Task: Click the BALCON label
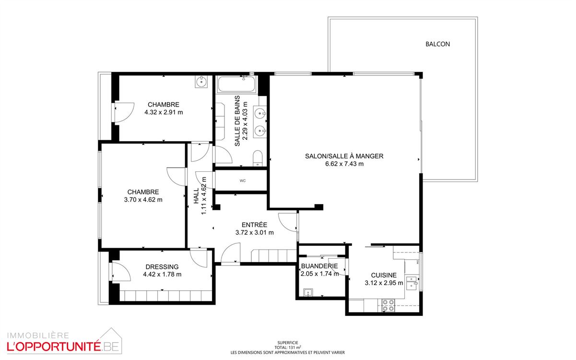click(438, 44)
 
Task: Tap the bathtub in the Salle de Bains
click(236, 84)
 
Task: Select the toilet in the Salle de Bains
click(258, 158)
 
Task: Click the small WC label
click(243, 180)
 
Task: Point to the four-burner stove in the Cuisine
click(388, 305)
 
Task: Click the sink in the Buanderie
click(308, 292)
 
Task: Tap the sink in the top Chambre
click(201, 82)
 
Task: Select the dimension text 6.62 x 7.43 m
click(344, 164)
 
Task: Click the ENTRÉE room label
click(254, 225)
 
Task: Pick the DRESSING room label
click(162, 267)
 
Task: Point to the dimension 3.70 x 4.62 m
click(143, 200)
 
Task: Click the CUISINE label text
click(384, 276)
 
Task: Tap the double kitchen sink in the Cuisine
click(412, 283)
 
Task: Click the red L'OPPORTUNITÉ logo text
click(54, 347)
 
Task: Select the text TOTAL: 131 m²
click(288, 348)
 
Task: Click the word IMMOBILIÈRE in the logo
click(38, 336)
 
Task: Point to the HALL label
click(196, 195)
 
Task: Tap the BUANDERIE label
click(319, 266)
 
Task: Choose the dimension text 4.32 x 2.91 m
click(164, 112)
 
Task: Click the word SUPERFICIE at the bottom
click(288, 343)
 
